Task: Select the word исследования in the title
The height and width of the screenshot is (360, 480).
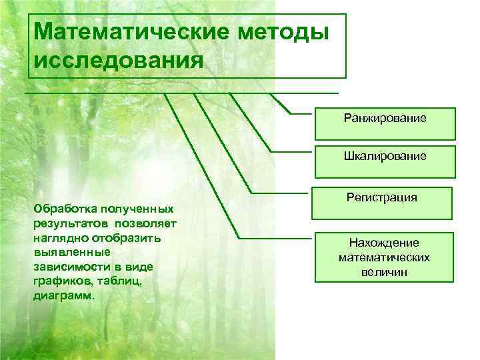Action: tap(117, 61)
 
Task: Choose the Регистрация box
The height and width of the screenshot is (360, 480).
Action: tap(382, 198)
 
